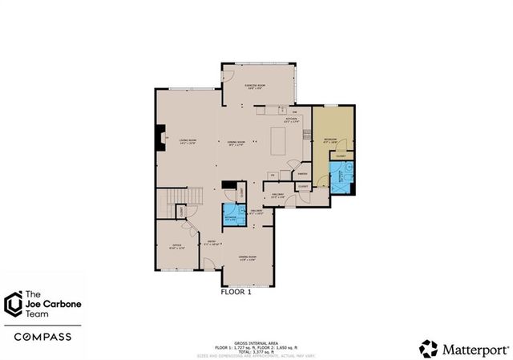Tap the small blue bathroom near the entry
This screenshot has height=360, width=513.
point(231,216)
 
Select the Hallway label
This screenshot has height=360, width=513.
point(278,195)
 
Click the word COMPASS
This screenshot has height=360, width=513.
point(38,336)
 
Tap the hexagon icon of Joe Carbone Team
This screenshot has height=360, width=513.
point(13,304)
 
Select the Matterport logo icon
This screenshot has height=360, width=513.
point(429,347)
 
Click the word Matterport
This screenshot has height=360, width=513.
point(473,348)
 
